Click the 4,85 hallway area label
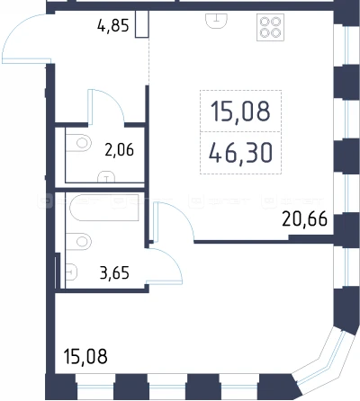coord(113,26)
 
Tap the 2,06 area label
coord(119,150)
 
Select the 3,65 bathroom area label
coord(114,273)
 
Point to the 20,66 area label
coord(304,219)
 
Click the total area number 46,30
coord(240,153)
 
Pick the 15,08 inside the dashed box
coord(240,111)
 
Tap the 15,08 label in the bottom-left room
coord(85,356)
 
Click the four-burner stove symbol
coord(270,27)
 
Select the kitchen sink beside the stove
coord(216,21)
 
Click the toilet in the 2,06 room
coord(78,143)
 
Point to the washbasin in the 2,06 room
coord(106,176)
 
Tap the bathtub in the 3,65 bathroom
coord(104,208)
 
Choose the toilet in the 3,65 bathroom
coord(78,241)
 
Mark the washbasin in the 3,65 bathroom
coord(71,272)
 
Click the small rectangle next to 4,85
coord(141,24)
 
